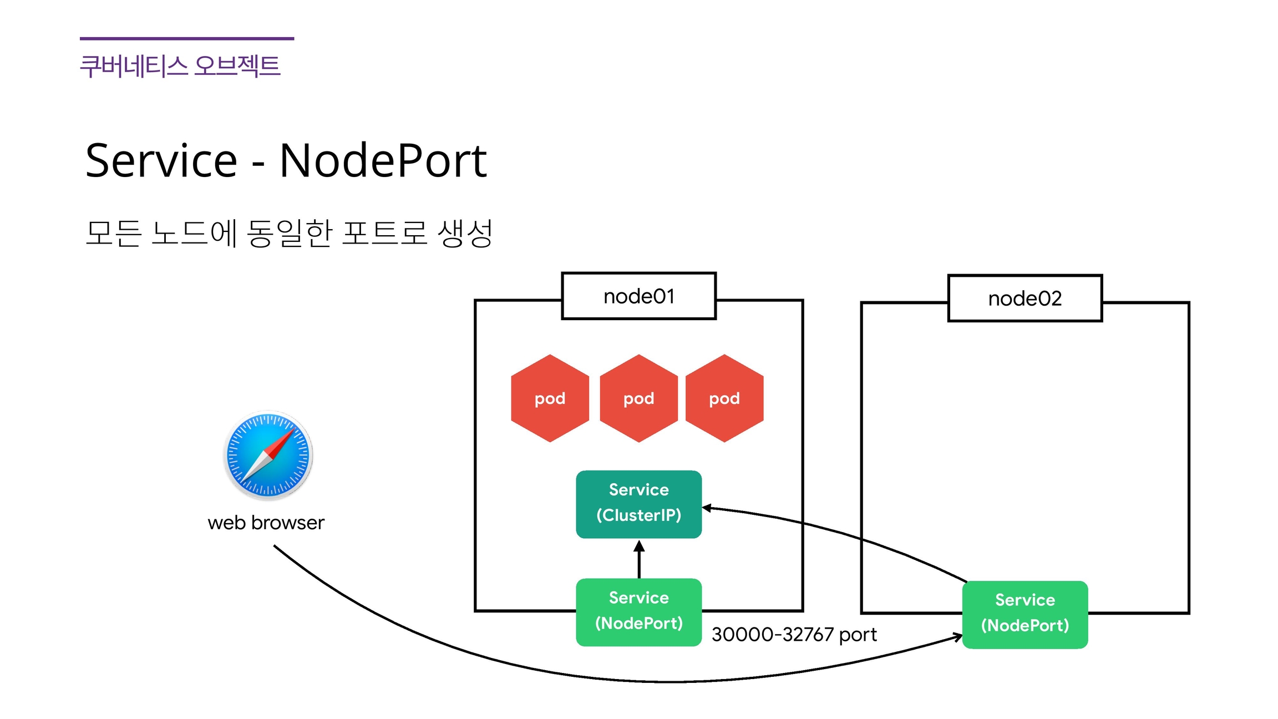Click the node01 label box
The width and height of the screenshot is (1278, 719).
[638, 296]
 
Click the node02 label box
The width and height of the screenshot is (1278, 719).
[1025, 298]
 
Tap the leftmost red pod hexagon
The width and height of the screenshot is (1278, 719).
[550, 398]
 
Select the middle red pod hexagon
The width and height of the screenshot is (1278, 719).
[638, 398]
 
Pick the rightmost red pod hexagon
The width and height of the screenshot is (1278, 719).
[724, 398]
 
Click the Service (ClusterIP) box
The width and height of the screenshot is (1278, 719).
[638, 504]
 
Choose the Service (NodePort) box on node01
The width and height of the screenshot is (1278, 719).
[638, 611]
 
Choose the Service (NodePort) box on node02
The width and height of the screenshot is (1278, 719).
[1025, 614]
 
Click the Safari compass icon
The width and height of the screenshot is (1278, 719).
[268, 455]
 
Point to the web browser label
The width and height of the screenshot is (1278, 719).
[266, 523]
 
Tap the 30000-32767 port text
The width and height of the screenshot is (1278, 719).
[794, 634]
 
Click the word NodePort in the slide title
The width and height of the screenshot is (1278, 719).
[383, 160]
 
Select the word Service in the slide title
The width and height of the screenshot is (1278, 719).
[161, 160]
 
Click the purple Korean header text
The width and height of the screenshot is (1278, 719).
[180, 66]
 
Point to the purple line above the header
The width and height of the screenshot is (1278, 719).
[187, 38]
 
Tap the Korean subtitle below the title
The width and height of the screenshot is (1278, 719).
[289, 233]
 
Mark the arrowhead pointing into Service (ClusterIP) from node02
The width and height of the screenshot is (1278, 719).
[707, 508]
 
